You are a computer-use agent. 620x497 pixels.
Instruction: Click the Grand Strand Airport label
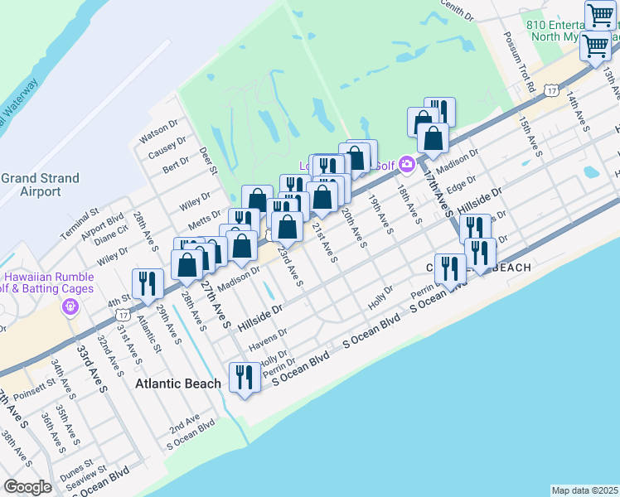(x=41, y=185)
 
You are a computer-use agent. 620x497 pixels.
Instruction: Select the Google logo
(x=28, y=488)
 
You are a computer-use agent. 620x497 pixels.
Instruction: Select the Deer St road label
(x=207, y=160)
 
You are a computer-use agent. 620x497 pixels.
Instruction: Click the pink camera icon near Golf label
(x=406, y=164)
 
